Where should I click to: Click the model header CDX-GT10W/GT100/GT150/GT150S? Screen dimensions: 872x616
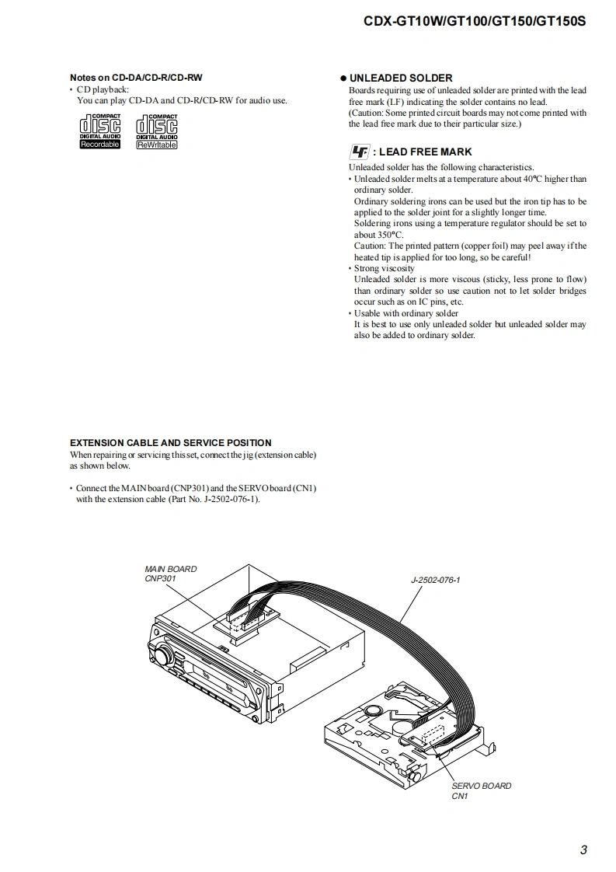475,22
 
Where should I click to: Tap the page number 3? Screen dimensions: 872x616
583,849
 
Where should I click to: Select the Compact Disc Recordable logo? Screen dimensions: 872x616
100,131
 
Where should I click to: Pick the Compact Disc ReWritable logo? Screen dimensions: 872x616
156,131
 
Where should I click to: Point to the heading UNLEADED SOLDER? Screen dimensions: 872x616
401,78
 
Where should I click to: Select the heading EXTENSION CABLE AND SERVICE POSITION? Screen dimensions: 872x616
171,443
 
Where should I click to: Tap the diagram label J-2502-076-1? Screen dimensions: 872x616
435,580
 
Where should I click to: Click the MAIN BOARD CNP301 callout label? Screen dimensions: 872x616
171,574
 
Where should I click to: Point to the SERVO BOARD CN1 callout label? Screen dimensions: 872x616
481,790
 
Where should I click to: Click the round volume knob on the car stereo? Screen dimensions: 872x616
163,654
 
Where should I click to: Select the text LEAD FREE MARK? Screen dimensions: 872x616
425,152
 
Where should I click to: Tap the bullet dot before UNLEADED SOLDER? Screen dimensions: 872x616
343,78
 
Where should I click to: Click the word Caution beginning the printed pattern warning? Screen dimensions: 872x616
369,246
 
